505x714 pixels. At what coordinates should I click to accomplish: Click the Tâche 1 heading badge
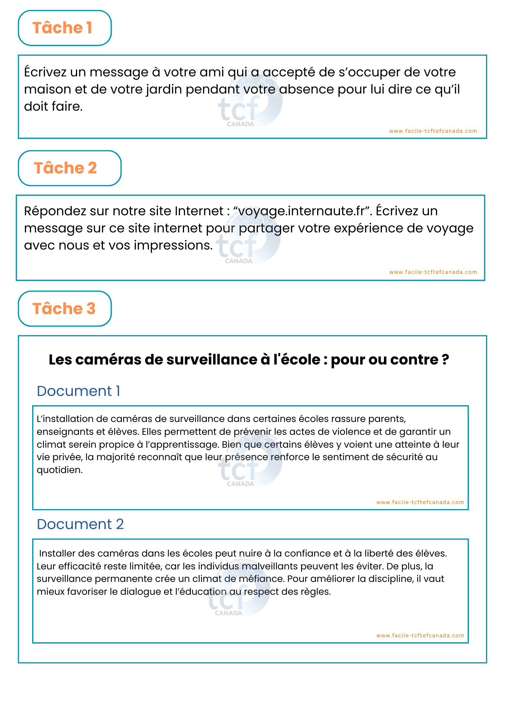click(65, 28)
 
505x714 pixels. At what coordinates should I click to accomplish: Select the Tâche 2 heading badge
click(69, 168)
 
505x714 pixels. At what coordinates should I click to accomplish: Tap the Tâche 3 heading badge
click(65, 309)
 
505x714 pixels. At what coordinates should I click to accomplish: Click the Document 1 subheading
click(78, 391)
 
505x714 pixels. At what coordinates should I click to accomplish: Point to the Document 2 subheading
click(80, 524)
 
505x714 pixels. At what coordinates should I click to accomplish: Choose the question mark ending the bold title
click(445, 360)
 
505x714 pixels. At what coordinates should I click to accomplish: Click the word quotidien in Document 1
click(59, 470)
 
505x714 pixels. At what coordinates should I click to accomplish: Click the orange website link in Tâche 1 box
click(433, 131)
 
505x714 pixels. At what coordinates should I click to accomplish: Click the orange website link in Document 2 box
click(420, 635)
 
